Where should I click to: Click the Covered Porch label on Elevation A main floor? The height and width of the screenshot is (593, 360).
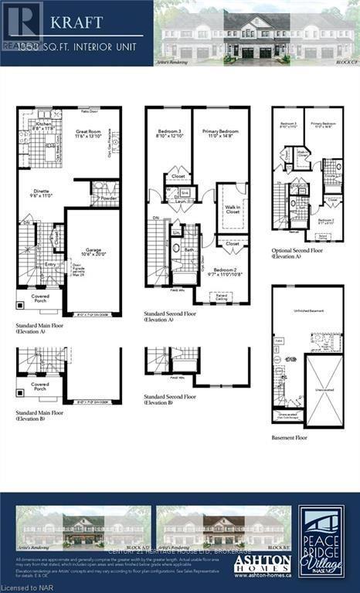(41, 298)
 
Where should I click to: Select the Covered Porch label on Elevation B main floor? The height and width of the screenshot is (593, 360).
(39, 386)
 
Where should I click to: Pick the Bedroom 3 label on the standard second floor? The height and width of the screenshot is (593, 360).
(168, 134)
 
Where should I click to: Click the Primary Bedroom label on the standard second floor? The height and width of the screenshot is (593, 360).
(220, 134)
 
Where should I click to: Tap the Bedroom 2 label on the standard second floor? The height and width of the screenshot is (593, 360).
(226, 272)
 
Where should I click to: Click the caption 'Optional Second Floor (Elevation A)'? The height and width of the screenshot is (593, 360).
(297, 254)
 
